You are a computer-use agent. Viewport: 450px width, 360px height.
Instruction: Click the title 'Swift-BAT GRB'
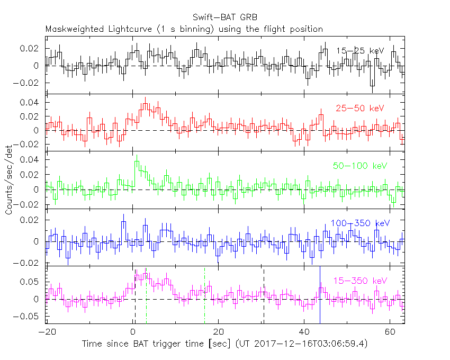pos(224,17)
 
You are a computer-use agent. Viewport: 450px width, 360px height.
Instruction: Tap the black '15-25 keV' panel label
pos(359,51)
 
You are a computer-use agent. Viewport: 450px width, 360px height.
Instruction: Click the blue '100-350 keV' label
pos(359,223)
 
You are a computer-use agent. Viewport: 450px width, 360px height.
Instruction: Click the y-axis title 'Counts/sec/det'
pos(9,180)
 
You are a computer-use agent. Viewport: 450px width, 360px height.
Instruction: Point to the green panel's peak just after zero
pos(137,157)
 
